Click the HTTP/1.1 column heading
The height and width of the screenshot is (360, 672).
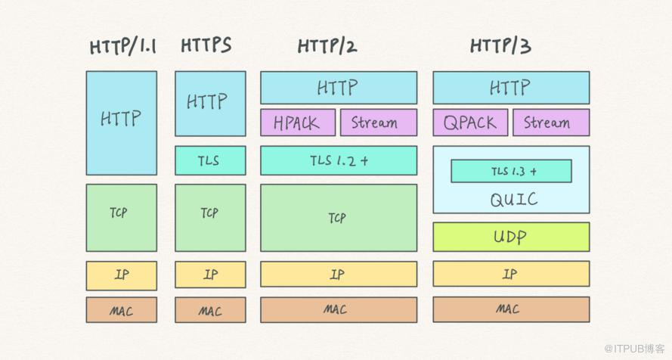[x=122, y=46]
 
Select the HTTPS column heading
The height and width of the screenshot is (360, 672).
[x=206, y=45]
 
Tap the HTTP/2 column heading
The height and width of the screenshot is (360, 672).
[x=327, y=46]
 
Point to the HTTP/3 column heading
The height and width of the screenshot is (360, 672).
[x=500, y=45]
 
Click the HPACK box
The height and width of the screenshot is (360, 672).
[x=298, y=123]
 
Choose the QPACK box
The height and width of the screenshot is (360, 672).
[x=470, y=123]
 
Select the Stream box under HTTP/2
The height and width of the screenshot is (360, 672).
[x=379, y=123]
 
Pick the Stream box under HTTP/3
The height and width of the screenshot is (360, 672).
[x=551, y=123]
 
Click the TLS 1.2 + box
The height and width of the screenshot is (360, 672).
[x=339, y=160]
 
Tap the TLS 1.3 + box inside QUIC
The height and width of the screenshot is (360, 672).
[x=511, y=171]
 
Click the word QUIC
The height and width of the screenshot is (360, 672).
[x=514, y=200]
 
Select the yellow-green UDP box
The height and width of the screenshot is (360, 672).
[x=511, y=237]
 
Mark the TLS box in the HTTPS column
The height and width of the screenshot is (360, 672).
[x=210, y=160]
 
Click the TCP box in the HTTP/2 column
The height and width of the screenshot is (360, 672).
[x=339, y=218]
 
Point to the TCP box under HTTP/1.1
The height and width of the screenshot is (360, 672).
[x=122, y=218]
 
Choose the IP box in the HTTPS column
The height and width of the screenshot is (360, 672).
[x=210, y=275]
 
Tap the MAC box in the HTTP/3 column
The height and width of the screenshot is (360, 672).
[x=511, y=309]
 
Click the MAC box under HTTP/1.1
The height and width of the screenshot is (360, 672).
[x=122, y=310]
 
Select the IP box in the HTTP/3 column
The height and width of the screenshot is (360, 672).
[x=511, y=274]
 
